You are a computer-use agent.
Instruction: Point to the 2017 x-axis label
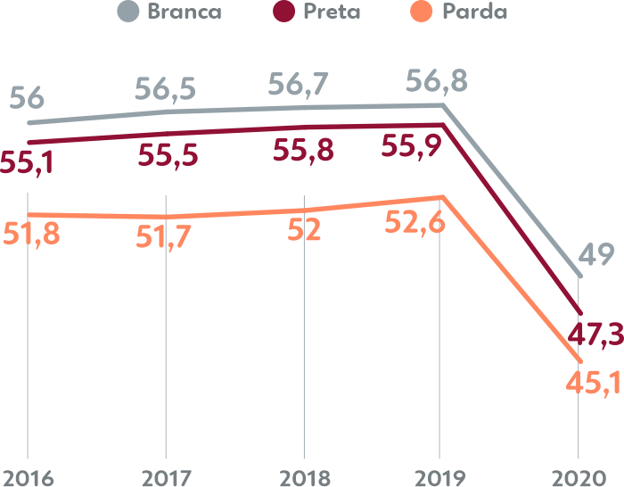(x=166, y=476)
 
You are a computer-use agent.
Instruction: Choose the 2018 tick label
(x=304, y=476)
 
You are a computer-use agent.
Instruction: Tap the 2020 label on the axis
(x=579, y=476)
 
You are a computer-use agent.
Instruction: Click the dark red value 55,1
(x=27, y=162)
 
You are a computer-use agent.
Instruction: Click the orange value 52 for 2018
(x=304, y=231)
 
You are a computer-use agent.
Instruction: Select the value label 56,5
(x=166, y=88)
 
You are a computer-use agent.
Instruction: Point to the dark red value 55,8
(x=303, y=151)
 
